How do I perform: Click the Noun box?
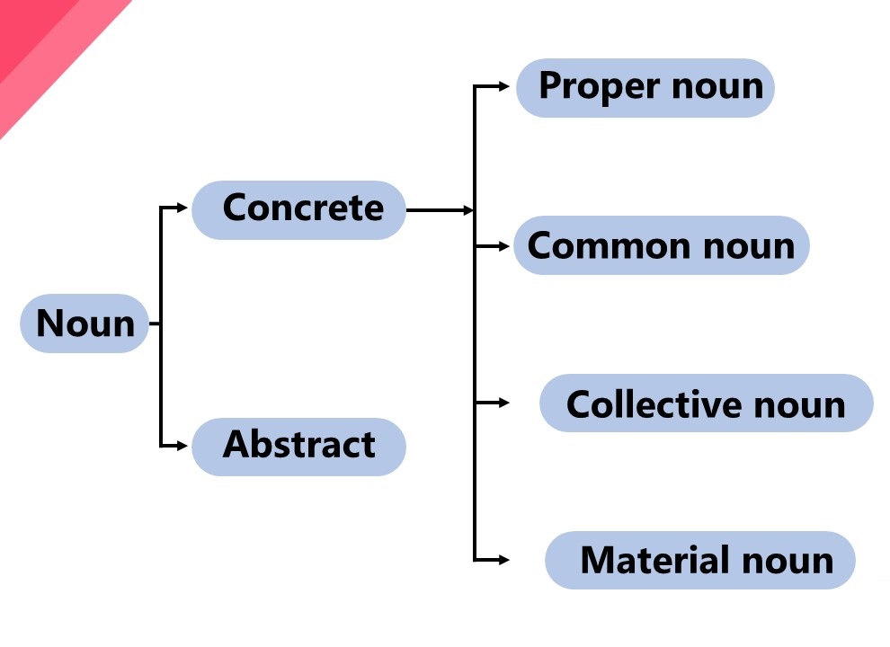[x=85, y=323]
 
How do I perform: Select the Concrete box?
[x=298, y=210]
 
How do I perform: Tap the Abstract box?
[x=298, y=447]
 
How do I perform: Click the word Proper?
[x=600, y=88]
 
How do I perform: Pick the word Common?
[x=610, y=246]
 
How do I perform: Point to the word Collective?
[x=654, y=404]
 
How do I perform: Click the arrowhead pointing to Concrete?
[x=182, y=208]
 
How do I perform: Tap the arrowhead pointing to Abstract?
[x=182, y=446]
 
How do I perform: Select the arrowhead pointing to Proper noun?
[x=504, y=86]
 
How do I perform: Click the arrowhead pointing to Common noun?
[x=504, y=246]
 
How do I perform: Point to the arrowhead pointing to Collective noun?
[x=504, y=403]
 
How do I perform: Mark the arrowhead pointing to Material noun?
[x=504, y=560]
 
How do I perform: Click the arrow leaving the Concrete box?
[x=440, y=210]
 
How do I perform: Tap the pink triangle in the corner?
[x=51, y=51]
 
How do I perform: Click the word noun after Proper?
[x=717, y=88]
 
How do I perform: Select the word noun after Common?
[x=749, y=247]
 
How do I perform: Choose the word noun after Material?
[x=788, y=562]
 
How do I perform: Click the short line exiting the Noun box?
[x=155, y=323]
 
